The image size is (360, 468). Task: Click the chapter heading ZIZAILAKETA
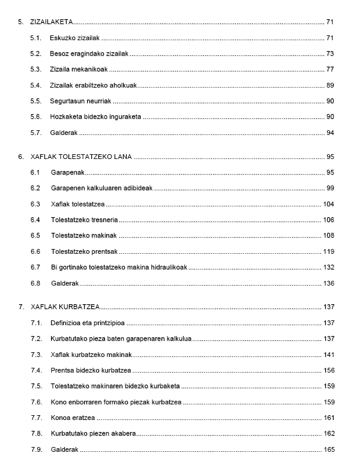(x=51, y=23)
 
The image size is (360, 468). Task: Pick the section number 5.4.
(x=35, y=85)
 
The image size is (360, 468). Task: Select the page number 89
(x=330, y=85)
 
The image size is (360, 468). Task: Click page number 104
(x=328, y=204)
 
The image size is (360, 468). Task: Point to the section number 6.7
(x=35, y=266)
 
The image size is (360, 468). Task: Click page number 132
(x=328, y=266)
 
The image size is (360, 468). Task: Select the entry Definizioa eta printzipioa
(x=88, y=323)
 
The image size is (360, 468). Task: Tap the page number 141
(x=328, y=354)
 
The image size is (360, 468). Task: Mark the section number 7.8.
(x=35, y=432)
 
